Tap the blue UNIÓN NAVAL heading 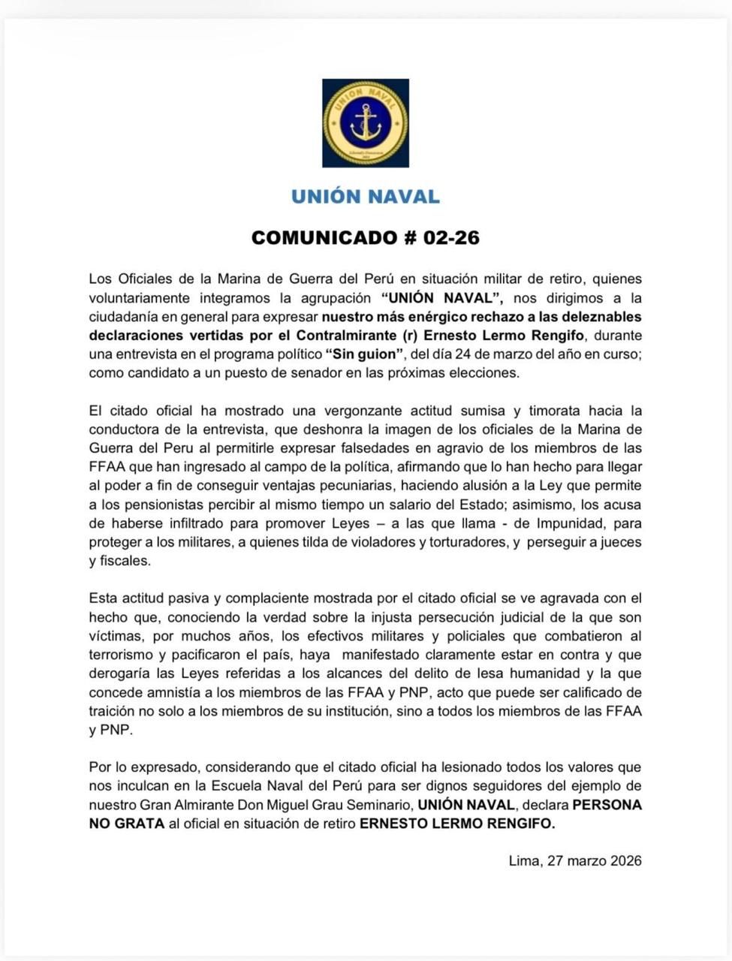[366, 197]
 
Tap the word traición [113, 711]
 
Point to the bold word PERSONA [607, 805]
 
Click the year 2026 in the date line [625, 861]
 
